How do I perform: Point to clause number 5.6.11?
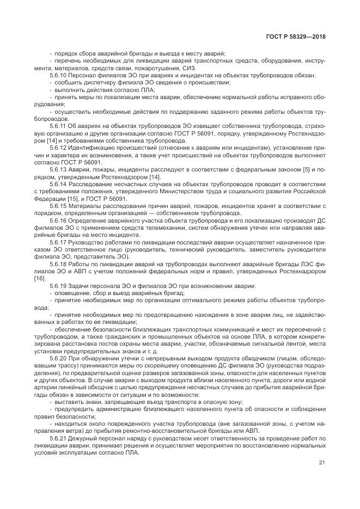pyautogui.click(x=58, y=126)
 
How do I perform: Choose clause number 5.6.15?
pyautogui.click(x=58, y=206)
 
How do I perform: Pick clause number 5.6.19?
pyautogui.click(x=58, y=286)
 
